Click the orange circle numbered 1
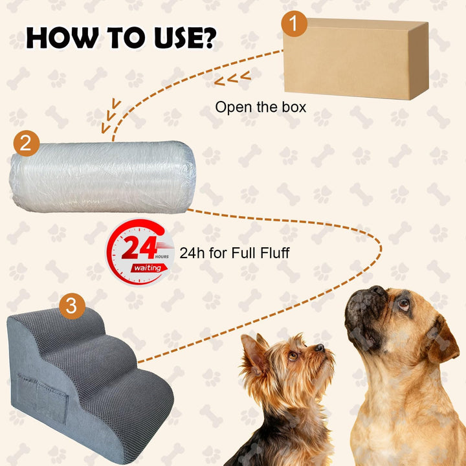click(x=294, y=23)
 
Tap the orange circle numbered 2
click(x=27, y=143)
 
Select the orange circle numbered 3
click(x=72, y=305)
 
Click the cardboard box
click(x=356, y=59)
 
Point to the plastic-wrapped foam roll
click(x=102, y=177)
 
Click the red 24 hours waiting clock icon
click(x=140, y=252)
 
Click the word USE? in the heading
click(x=186, y=38)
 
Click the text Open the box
click(x=261, y=107)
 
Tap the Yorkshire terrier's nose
click(x=320, y=348)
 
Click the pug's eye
click(x=404, y=304)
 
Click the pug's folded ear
click(x=441, y=340)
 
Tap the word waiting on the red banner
click(x=148, y=268)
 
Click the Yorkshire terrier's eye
click(x=293, y=355)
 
